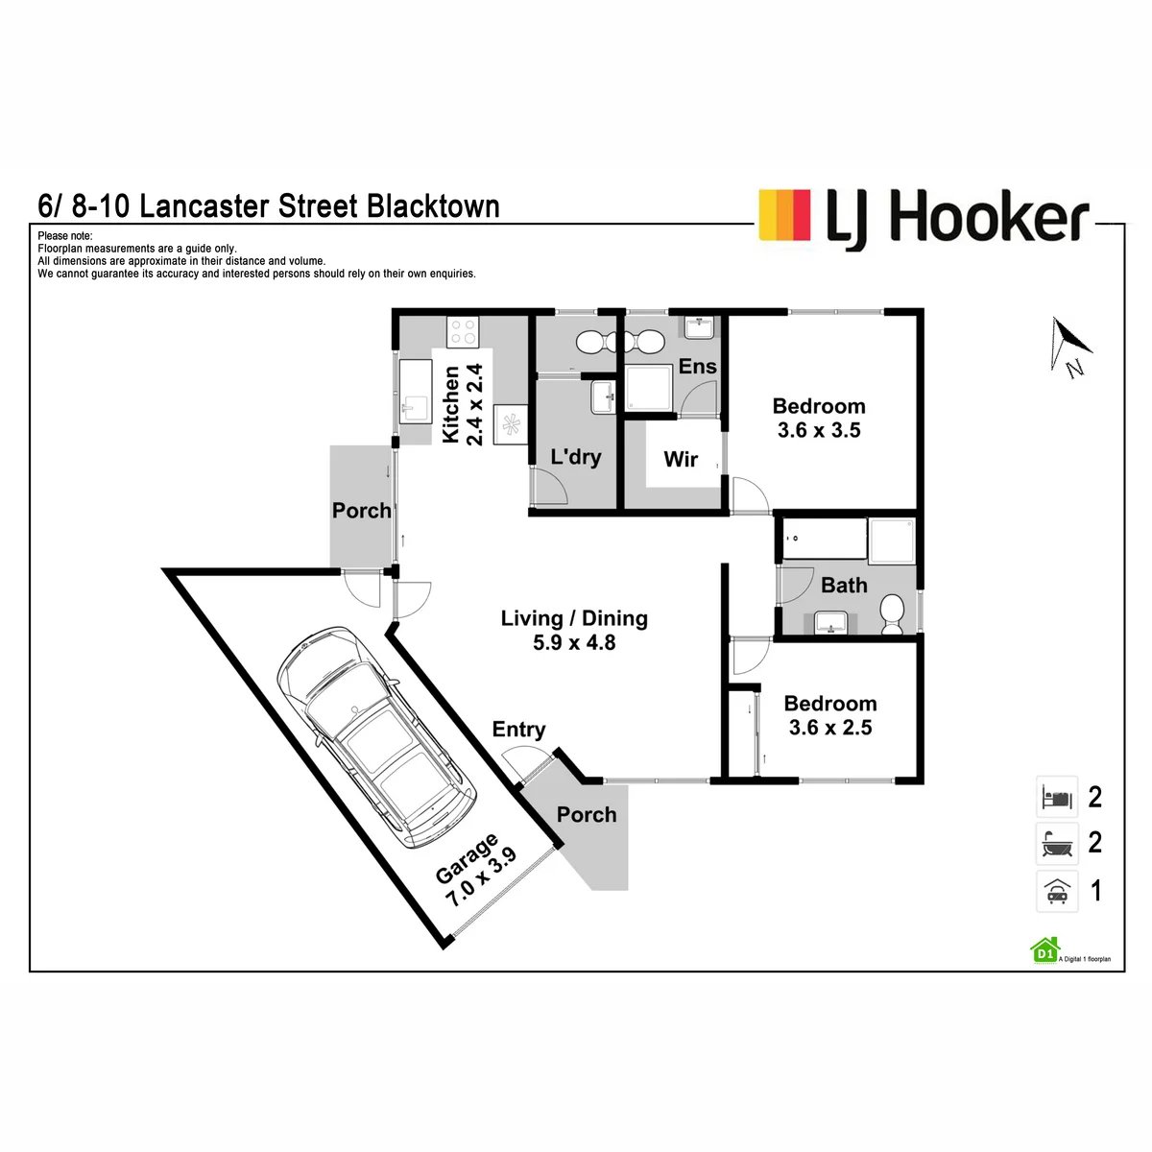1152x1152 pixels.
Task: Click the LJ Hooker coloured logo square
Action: pyautogui.click(x=784, y=215)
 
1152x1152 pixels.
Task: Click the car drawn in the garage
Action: pyautogui.click(x=376, y=737)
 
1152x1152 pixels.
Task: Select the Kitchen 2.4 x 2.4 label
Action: pyautogui.click(x=462, y=405)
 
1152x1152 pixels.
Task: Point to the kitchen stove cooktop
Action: pyautogui.click(x=462, y=332)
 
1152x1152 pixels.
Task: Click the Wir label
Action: pyautogui.click(x=681, y=459)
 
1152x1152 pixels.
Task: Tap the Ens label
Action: pyautogui.click(x=697, y=366)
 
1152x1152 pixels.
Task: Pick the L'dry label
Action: pyautogui.click(x=576, y=457)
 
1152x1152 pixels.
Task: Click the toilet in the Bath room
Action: pyautogui.click(x=892, y=614)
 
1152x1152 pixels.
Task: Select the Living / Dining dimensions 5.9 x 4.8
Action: pyautogui.click(x=574, y=642)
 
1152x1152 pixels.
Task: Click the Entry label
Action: pyautogui.click(x=518, y=730)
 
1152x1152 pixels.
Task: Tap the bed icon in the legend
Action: pyautogui.click(x=1056, y=797)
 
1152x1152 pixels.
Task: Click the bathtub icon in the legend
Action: pyautogui.click(x=1056, y=844)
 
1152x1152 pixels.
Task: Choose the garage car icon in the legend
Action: pyautogui.click(x=1056, y=891)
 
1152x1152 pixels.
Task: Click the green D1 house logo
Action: pyautogui.click(x=1044, y=950)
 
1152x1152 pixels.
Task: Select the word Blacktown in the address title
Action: pyautogui.click(x=433, y=206)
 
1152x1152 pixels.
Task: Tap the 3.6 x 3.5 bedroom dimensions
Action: pyautogui.click(x=819, y=430)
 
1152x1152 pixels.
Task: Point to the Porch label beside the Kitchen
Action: pyautogui.click(x=361, y=511)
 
